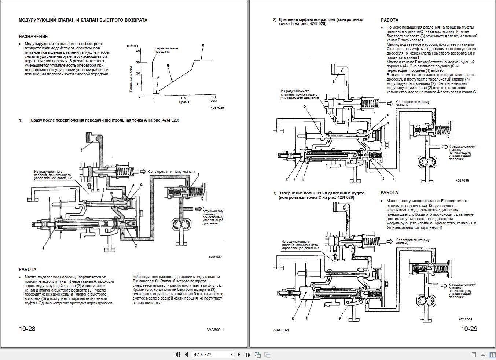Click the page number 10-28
coord(27,329)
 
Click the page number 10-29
coord(469,329)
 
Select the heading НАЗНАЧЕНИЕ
coord(33,37)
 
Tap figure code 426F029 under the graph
coord(217,108)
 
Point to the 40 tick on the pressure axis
coord(138,51)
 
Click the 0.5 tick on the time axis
coord(183,98)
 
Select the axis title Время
coord(184,102)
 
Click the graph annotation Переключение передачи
coord(166,50)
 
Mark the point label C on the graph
coord(203,45)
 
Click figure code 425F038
coord(462,181)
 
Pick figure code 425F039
coord(465,319)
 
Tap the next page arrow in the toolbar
coord(239,355)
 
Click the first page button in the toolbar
coord(177,355)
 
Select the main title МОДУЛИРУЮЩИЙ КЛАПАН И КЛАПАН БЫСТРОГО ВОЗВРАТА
coord(83,20)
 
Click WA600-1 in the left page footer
coord(215,329)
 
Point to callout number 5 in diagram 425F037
coord(81,149)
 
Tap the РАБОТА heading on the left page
coord(27,270)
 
